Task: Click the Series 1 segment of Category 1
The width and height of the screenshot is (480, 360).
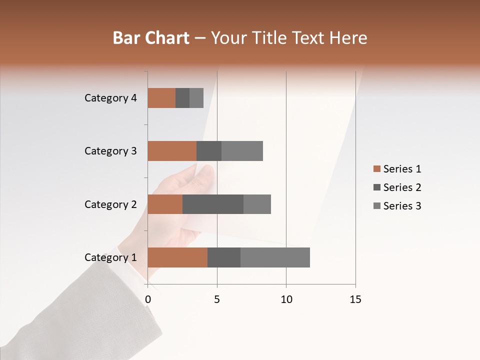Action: point(177,257)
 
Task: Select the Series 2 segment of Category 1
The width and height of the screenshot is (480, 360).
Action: point(224,257)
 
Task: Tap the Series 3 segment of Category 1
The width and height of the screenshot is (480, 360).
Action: point(275,257)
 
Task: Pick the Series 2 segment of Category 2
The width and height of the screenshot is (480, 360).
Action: point(213,204)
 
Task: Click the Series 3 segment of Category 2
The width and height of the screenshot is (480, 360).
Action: point(257,204)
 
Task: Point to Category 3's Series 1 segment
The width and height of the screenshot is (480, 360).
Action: point(172,151)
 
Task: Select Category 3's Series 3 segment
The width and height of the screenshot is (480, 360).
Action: point(242,151)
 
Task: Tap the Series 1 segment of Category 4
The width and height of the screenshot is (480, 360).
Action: point(161,98)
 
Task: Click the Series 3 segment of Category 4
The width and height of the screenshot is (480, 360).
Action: point(196,98)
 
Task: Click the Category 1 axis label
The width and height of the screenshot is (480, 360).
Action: point(110,257)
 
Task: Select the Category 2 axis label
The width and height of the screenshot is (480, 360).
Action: point(110,204)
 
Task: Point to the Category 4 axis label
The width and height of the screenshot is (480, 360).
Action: point(110,98)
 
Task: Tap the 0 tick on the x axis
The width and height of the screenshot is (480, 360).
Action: point(148,299)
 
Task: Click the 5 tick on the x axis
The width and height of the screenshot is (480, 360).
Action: point(217,299)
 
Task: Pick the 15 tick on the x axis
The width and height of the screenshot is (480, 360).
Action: point(355,299)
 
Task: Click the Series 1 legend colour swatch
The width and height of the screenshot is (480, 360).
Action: point(376,169)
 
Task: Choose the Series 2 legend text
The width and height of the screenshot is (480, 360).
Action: point(402,187)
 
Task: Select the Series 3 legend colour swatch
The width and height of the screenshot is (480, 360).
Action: point(376,206)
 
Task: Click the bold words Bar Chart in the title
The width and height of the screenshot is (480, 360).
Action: point(150,38)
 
